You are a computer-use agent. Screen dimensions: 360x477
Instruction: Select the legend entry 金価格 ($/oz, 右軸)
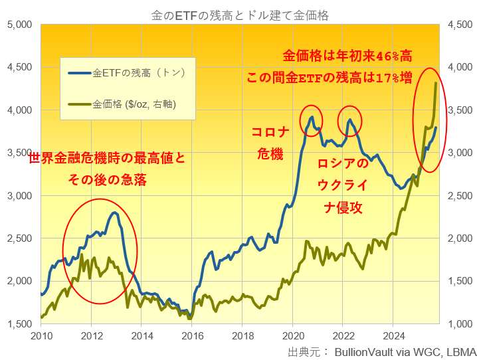tap(133, 104)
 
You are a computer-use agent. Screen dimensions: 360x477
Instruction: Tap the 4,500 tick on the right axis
tap(460, 25)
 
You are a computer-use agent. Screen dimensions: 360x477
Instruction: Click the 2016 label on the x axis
tap(192, 335)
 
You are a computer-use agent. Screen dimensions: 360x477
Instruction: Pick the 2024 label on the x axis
tap(393, 335)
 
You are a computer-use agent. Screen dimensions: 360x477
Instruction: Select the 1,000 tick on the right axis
tap(460, 324)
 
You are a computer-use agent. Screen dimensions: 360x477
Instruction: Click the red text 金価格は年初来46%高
tap(347, 55)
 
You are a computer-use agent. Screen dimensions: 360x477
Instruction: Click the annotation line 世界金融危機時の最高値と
tap(107, 159)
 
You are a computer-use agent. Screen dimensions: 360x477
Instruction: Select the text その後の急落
tap(107, 180)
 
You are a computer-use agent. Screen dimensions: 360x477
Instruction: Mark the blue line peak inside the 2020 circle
tap(311, 117)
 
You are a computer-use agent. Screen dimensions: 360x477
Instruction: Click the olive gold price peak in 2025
tap(436, 82)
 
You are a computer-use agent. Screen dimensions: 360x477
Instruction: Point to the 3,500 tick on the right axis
tap(460, 110)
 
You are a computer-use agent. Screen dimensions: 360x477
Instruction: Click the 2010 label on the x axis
tap(41, 335)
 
